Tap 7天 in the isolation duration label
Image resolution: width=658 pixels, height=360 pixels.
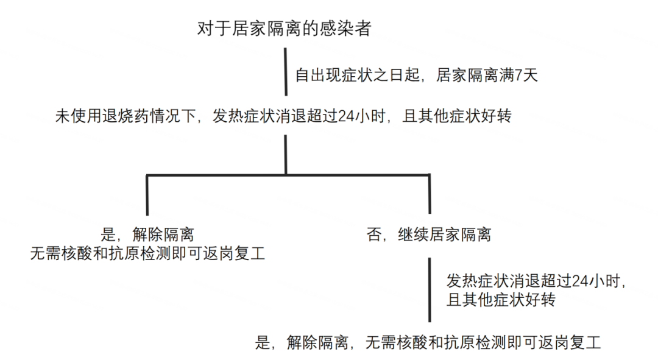pyautogui.click(x=525, y=76)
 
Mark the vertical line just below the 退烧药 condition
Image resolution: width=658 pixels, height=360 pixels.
pyautogui.click(x=286, y=155)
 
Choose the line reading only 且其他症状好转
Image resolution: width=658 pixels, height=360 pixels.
pyautogui.click(x=500, y=300)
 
